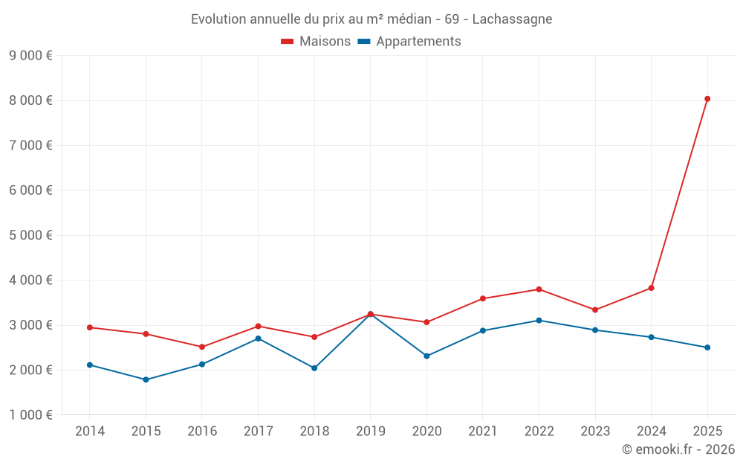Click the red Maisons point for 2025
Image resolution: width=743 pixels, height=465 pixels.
(707, 99)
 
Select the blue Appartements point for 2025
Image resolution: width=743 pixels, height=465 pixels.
(707, 347)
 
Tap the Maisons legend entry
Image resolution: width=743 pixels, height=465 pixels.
(316, 42)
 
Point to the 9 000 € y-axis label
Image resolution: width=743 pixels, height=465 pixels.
(30, 55)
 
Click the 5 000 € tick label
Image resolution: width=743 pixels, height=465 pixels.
(30, 235)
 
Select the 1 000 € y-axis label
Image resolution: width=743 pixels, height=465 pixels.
(30, 415)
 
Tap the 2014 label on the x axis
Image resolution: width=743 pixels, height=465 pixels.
(90, 432)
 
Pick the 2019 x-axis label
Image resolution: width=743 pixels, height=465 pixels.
(370, 432)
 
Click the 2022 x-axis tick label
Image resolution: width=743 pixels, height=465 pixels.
(539, 432)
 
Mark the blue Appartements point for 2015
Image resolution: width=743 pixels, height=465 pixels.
(146, 379)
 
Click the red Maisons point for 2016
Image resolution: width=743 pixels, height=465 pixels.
(202, 347)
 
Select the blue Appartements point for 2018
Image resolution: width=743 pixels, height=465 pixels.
(314, 368)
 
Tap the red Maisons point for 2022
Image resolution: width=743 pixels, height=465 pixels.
(539, 289)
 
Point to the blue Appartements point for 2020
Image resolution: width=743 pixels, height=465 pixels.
(426, 356)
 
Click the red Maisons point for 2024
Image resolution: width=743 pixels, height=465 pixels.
(651, 288)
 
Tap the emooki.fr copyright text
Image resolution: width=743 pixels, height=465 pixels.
(678, 449)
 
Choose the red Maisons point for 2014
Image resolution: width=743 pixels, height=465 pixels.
(90, 327)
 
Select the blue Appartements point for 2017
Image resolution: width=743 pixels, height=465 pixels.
(258, 339)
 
